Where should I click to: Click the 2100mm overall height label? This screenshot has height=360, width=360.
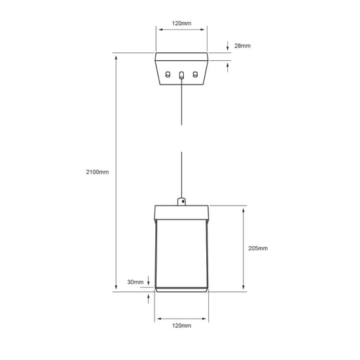tap(97, 172)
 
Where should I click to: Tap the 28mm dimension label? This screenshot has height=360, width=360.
tap(243, 45)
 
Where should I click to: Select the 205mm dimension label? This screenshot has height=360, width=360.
tap(258, 248)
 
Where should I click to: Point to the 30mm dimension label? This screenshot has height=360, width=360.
tap(136, 282)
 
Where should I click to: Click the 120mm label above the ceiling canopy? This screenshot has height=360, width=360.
tap(182, 23)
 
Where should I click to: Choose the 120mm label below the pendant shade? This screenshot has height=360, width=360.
tap(182, 326)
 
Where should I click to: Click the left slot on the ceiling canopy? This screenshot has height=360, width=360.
tap(168, 75)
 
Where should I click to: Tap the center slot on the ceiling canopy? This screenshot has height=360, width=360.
tap(181, 75)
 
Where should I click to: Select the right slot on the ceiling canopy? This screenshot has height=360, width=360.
tap(195, 75)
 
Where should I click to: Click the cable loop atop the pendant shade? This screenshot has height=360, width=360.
tap(182, 201)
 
